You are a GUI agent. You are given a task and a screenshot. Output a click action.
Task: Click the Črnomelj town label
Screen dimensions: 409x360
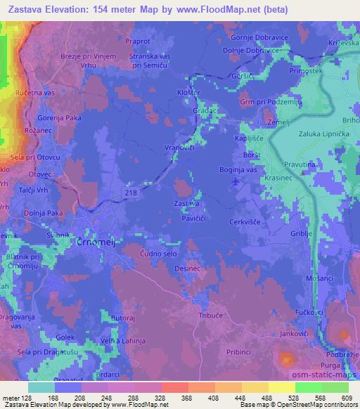90,241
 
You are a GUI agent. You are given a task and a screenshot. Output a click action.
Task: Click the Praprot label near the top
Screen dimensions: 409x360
138,41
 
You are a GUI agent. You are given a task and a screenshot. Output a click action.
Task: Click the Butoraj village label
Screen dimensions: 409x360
122,318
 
